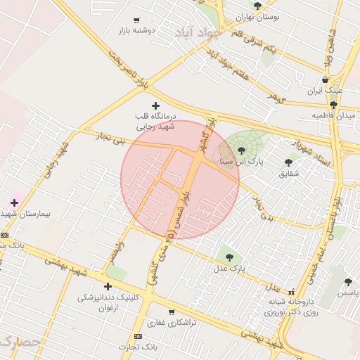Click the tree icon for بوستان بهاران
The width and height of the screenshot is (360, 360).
click(257, 6)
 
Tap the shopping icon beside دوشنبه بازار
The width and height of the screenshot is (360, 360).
click(136, 20)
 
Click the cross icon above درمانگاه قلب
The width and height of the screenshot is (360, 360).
click(155, 105)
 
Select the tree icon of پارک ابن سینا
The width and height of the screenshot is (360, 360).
click(241, 150)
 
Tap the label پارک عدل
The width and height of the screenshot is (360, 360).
click(229, 268)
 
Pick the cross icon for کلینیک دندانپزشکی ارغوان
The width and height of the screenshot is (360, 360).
click(108, 286)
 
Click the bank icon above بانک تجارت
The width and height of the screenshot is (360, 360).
click(137, 336)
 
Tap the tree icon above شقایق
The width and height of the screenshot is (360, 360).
click(288, 162)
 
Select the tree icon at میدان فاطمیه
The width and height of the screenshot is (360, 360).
click(333, 104)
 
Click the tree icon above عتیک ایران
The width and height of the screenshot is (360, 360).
click(326, 79)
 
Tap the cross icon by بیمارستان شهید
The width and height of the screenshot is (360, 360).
click(13, 202)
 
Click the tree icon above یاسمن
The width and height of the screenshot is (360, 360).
click(348, 281)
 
